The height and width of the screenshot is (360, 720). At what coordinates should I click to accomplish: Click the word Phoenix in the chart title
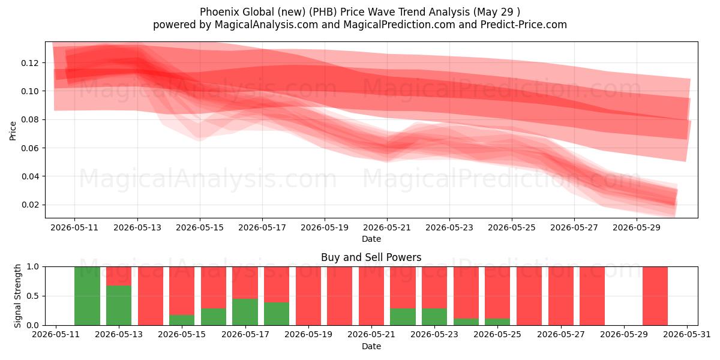point(220,12)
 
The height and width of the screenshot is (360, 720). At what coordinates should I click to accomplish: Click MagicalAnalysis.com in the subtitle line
point(266,25)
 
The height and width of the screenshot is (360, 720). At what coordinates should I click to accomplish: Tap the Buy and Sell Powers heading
point(371,257)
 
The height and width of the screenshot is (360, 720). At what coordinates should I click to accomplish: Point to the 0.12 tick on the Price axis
point(29,63)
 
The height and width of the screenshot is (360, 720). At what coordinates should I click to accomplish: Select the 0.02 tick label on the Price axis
point(29,205)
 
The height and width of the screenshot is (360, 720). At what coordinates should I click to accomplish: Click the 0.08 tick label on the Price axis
point(29,119)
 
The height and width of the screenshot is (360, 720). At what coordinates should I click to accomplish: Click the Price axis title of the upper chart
point(13,131)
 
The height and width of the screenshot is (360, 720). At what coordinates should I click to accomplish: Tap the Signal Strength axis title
point(17,296)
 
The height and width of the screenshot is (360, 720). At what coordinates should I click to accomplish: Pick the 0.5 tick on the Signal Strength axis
point(33,296)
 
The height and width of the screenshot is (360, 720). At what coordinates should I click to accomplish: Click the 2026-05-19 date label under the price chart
point(325,227)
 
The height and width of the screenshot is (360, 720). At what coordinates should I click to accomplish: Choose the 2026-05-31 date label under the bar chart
point(687,335)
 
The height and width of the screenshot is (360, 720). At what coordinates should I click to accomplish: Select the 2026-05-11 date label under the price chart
point(74,227)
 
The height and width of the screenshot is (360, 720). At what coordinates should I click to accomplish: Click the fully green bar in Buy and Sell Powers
point(87,296)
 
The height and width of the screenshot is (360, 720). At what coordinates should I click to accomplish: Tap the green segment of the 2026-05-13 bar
point(119,305)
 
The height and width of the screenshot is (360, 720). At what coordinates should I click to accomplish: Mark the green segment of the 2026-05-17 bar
point(245,312)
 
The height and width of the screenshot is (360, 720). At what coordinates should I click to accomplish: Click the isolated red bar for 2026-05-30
point(655,296)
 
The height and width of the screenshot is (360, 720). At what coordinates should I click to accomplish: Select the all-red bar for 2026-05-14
point(151,296)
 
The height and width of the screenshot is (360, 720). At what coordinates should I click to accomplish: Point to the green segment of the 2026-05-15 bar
point(182,320)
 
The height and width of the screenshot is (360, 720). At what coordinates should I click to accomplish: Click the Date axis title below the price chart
point(371,239)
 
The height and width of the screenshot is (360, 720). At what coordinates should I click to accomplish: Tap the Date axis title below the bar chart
point(371,346)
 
